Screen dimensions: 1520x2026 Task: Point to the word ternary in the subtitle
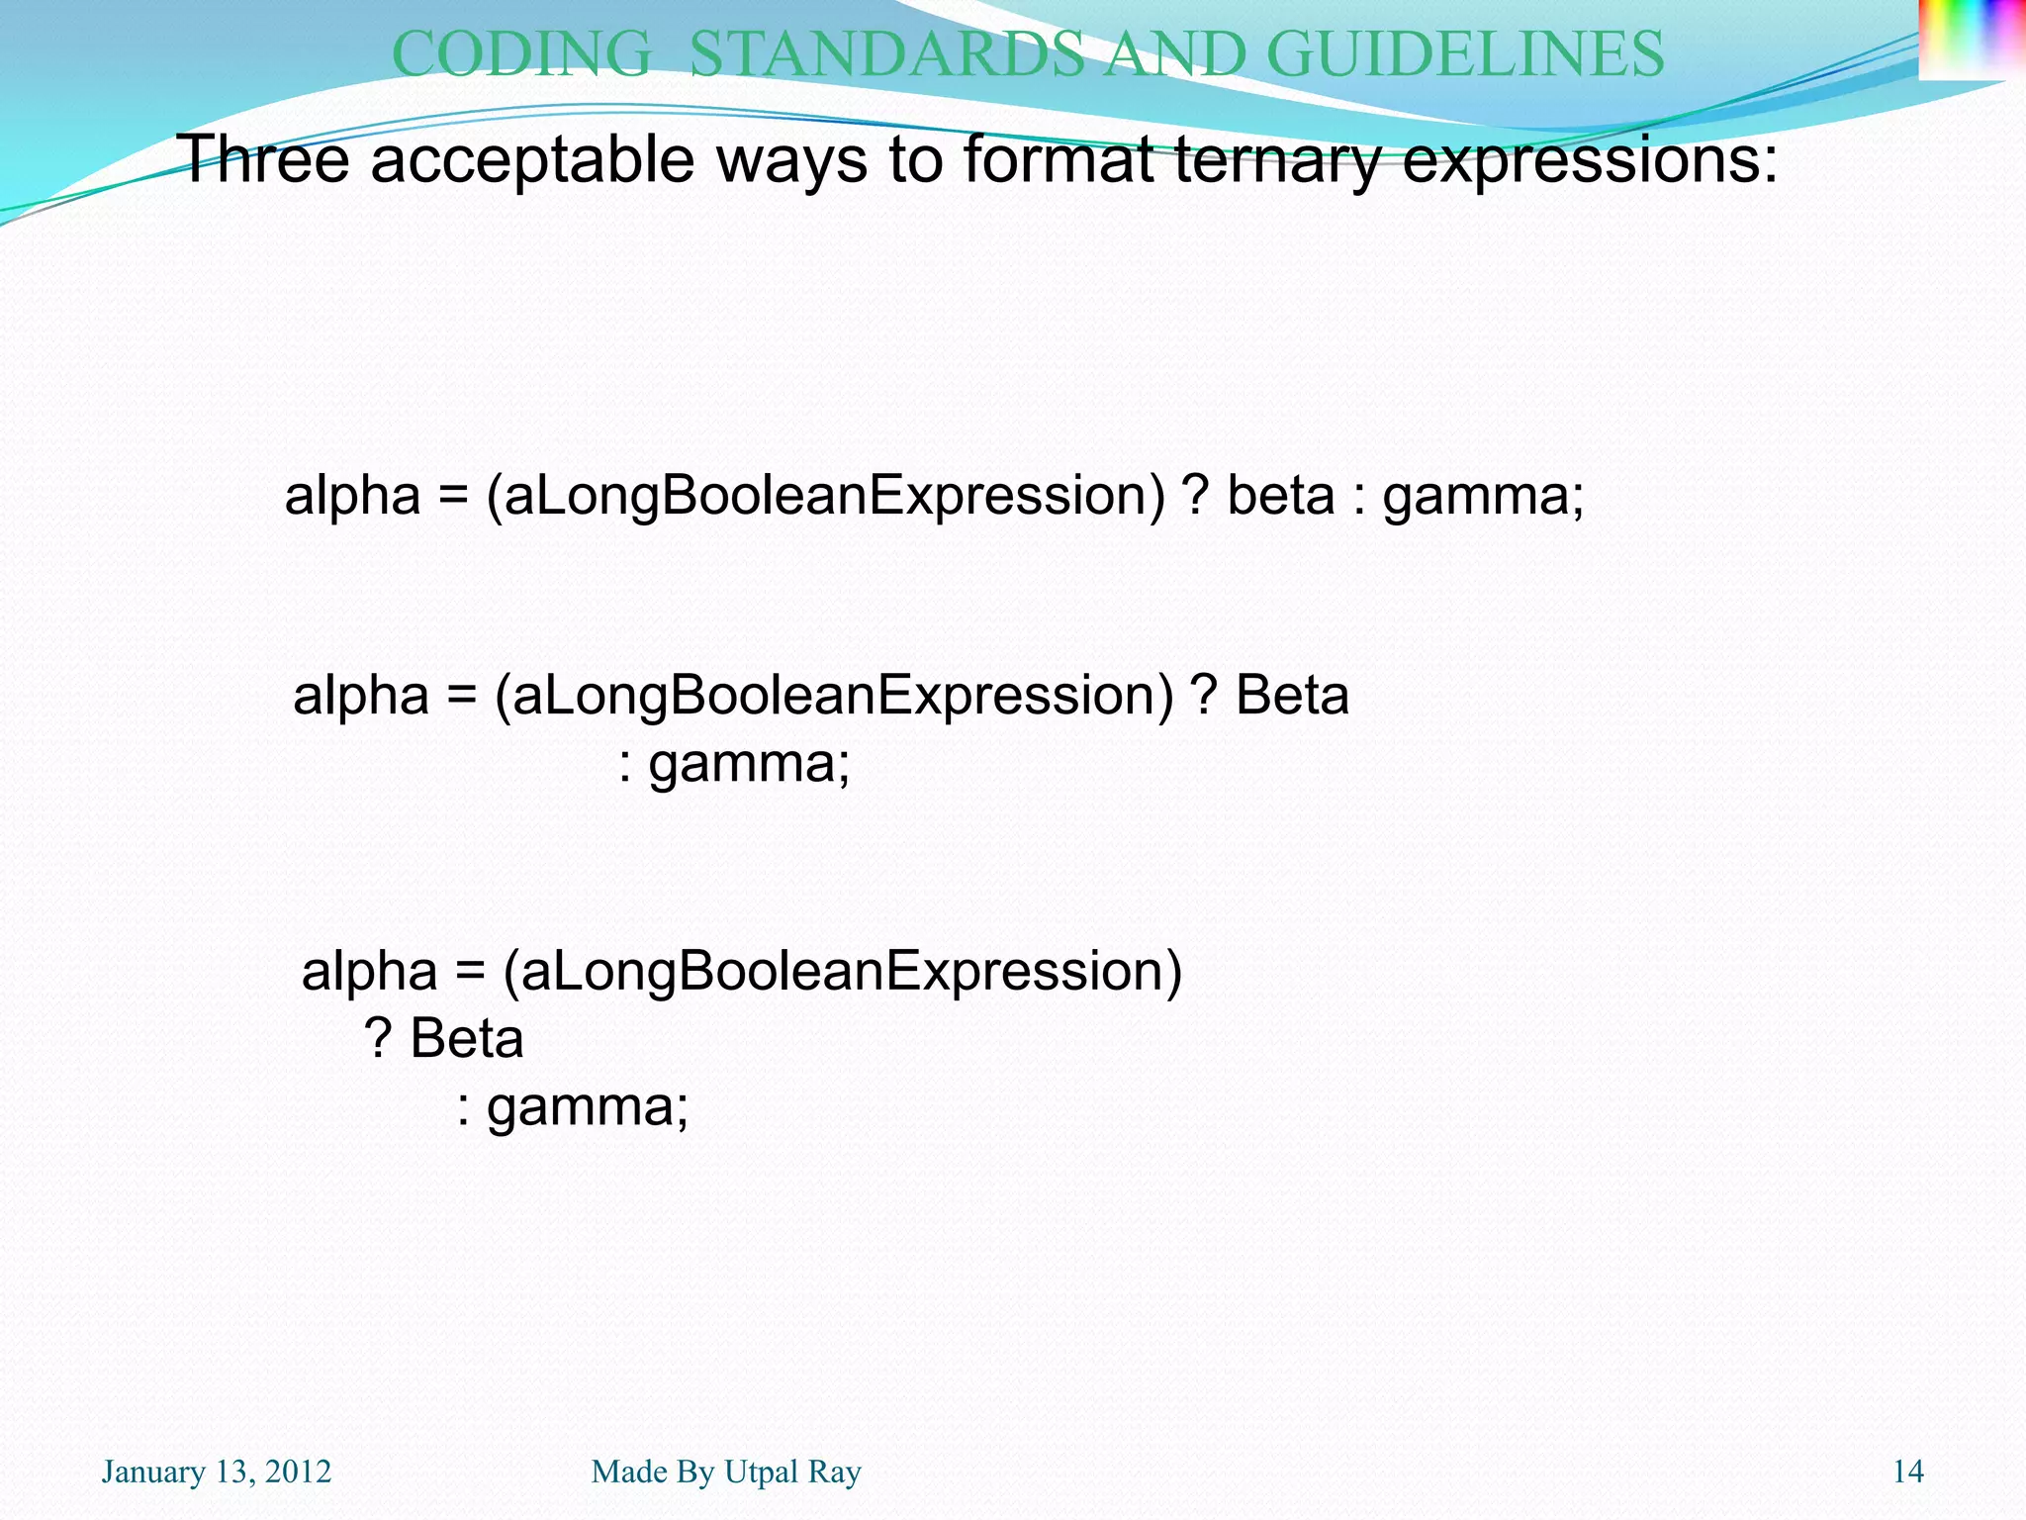pyautogui.click(x=1276, y=160)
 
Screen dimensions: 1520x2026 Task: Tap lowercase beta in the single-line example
pyautogui.click(x=1281, y=495)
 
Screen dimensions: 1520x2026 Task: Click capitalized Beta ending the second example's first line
pyautogui.click(x=1292, y=695)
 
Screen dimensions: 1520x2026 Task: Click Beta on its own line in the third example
pyautogui.click(x=466, y=1039)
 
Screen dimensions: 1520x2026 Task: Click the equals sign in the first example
pyautogui.click(x=453, y=495)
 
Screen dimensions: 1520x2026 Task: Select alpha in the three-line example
pyautogui.click(x=369, y=971)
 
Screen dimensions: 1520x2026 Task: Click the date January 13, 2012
pyautogui.click(x=217, y=1472)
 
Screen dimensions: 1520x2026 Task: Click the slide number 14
pyautogui.click(x=1907, y=1472)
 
